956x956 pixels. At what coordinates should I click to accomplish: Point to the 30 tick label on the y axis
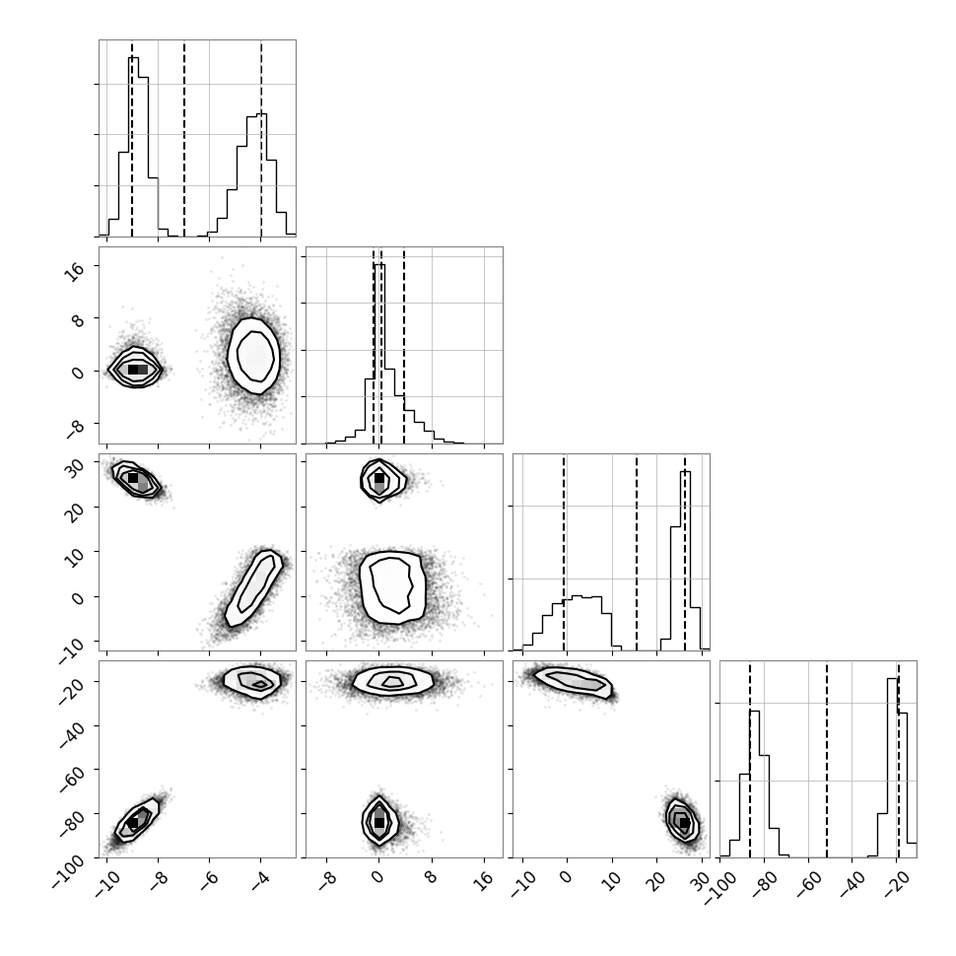point(74,467)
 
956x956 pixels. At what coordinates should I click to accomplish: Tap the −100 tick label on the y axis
point(68,869)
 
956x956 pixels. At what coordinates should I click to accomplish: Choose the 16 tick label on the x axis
point(482,880)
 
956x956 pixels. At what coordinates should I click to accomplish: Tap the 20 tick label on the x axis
point(654,880)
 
